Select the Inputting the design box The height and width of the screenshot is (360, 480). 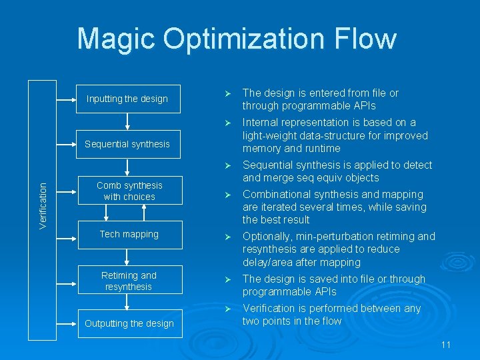[x=127, y=99]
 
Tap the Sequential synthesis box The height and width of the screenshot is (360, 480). [x=127, y=144]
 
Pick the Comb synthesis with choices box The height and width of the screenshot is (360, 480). [x=129, y=191]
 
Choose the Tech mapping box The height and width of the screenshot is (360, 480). [x=129, y=234]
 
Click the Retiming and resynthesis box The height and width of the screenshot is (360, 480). [x=129, y=281]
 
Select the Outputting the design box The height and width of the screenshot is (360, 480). [x=129, y=323]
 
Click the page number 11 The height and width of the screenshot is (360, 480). [x=446, y=345]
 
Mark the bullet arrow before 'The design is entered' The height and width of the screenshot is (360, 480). [x=228, y=93]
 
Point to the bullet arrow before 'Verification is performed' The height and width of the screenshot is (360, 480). [x=228, y=309]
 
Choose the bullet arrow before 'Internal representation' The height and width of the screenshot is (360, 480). [x=228, y=123]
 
